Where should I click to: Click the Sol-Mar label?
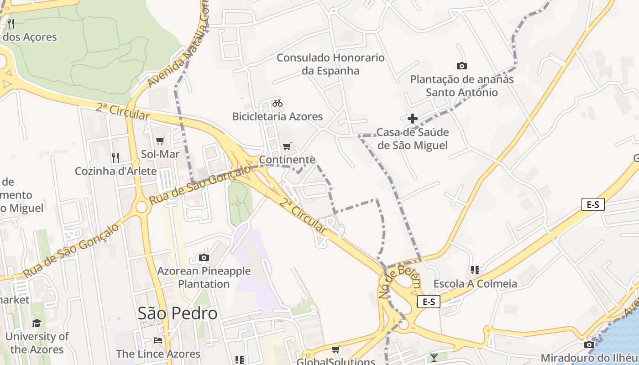pos(160,154)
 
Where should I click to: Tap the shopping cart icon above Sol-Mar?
pos(160,141)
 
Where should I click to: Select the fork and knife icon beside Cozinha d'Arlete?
pos(115,158)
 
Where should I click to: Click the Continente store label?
pos(287,160)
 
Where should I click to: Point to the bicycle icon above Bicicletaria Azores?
pos(277,103)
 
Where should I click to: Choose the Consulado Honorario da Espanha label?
pos(330,64)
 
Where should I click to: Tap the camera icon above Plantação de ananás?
pos(461,66)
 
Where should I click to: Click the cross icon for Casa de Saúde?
pos(413,119)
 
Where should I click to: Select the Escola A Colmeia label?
pos(475,283)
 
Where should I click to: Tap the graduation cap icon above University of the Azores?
pos(37,323)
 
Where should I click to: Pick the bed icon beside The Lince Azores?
pos(158,340)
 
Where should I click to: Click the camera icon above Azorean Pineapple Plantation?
pos(204,258)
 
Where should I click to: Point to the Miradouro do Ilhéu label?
pos(589,358)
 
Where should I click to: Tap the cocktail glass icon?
pos(434,357)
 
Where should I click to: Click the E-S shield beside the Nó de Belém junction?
pos(429,302)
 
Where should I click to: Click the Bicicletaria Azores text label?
pos(278,116)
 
